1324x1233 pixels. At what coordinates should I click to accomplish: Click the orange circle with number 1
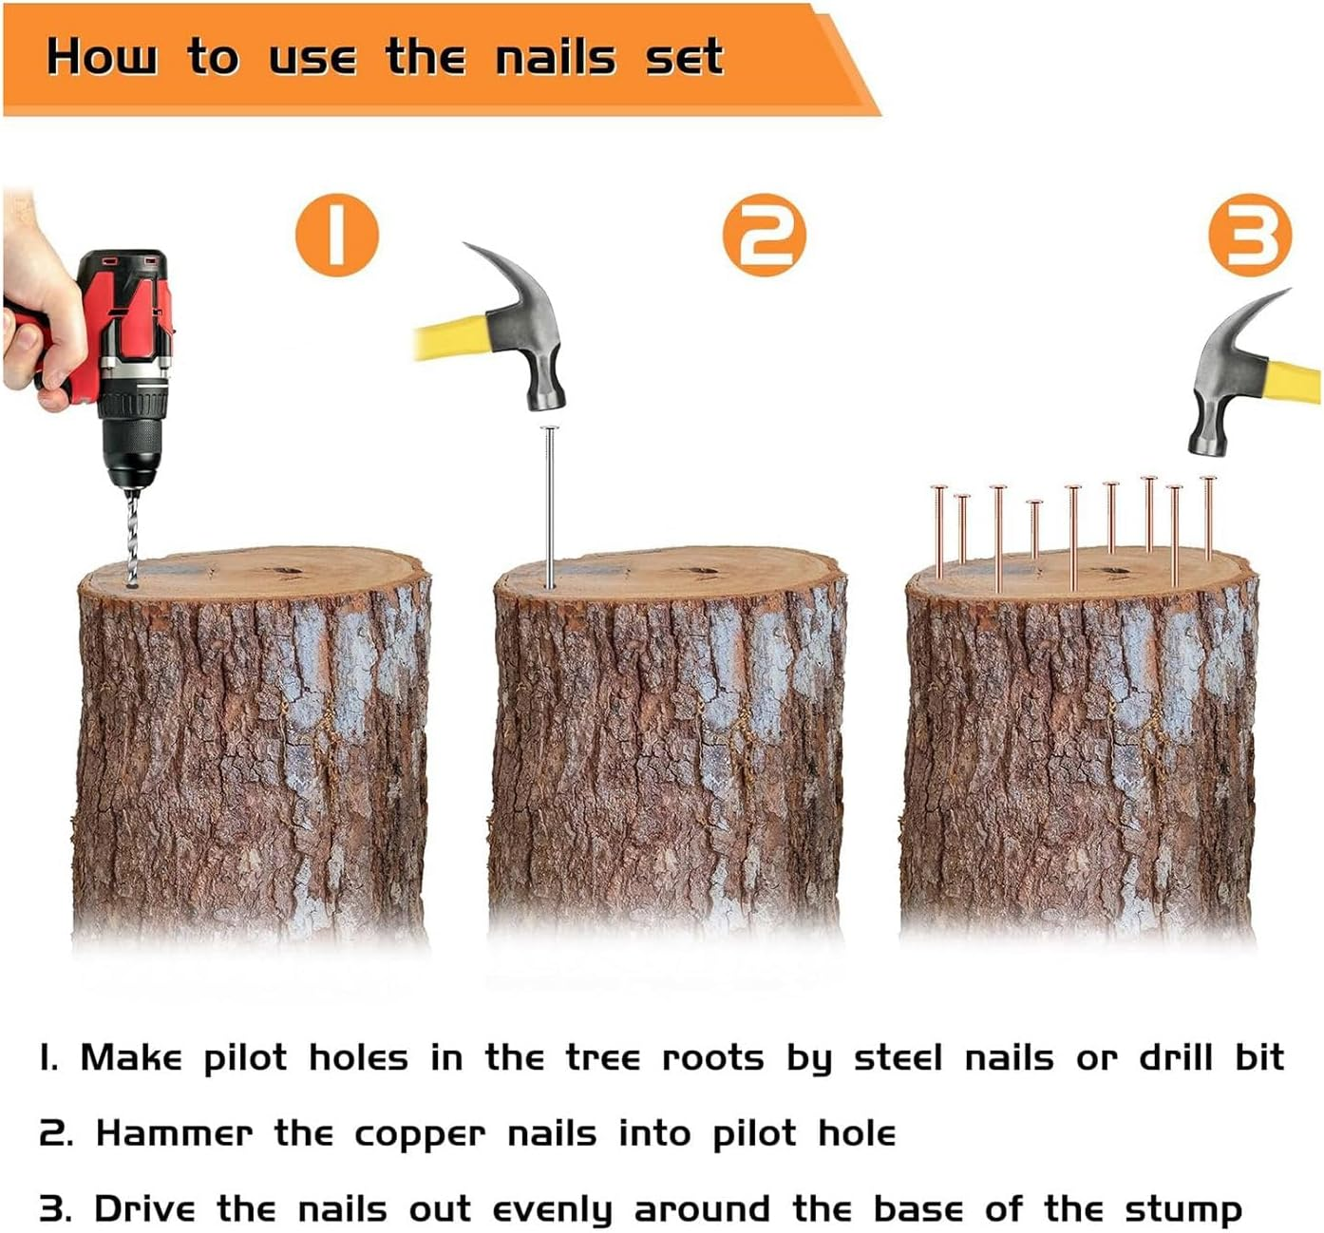(x=336, y=235)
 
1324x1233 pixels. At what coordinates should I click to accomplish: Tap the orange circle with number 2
(x=764, y=235)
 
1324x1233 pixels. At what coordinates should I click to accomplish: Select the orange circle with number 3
(x=1250, y=235)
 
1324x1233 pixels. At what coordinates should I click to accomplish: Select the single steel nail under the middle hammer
(x=548, y=503)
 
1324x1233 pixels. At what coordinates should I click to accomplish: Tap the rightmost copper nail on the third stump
(x=1208, y=518)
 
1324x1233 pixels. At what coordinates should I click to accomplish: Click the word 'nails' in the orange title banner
(x=556, y=57)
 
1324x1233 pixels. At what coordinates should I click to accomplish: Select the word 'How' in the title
(x=102, y=57)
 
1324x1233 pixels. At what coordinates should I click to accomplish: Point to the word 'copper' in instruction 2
(x=419, y=1134)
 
